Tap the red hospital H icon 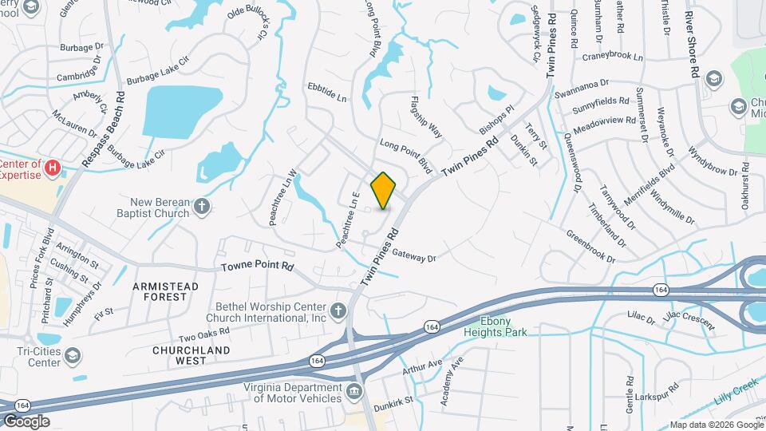pos(53,168)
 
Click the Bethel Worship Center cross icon pos(338,310)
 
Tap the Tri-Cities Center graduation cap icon pos(73,355)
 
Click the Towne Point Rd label pos(257,268)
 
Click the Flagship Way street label pos(425,117)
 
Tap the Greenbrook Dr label pos(590,247)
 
